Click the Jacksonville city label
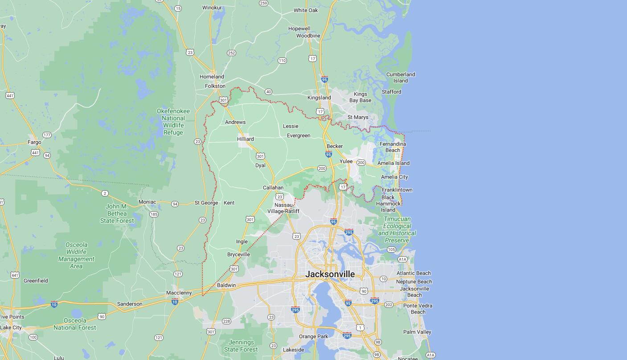point(330,274)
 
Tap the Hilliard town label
point(245,139)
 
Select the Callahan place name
point(273,188)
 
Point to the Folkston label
point(215,86)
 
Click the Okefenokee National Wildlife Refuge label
point(173,122)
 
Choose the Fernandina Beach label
point(393,147)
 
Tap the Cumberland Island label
point(401,78)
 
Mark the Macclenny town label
point(179,293)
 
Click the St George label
point(206,203)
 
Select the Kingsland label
point(319,98)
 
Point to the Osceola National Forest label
point(75,324)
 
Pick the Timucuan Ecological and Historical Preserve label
point(397,229)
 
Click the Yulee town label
point(346,161)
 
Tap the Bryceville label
point(238,254)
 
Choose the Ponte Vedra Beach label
point(418,309)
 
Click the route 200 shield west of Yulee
point(322,168)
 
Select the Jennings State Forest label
point(241,346)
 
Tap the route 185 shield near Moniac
point(154,214)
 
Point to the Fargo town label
point(34,142)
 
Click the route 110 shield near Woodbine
point(282,61)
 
